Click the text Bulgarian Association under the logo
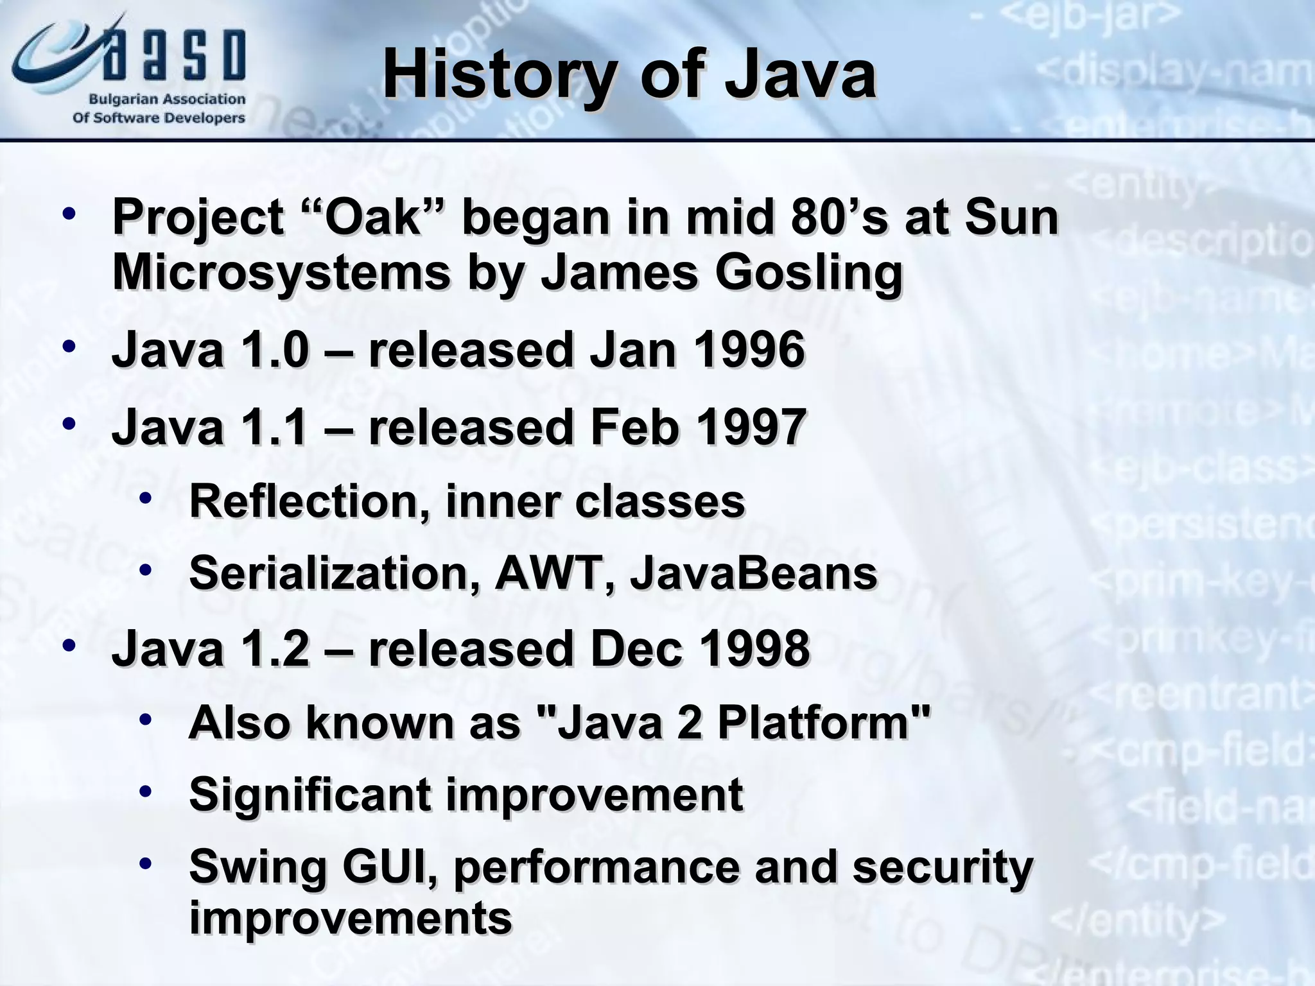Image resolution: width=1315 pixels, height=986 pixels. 166,99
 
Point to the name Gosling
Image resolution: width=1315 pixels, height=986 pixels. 808,272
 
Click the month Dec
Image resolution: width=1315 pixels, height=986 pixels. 636,648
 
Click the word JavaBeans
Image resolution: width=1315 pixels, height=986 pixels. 753,573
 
